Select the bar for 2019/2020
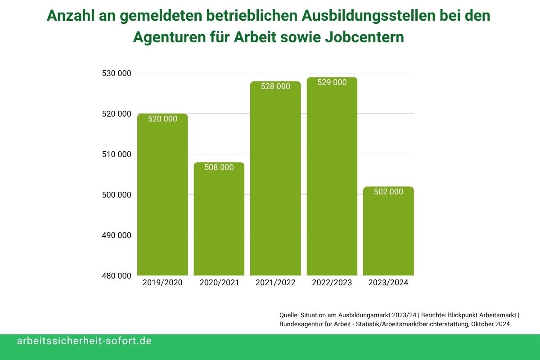[162, 198]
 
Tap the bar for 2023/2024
[388, 234]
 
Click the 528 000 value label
[275, 86]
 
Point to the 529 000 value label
[332, 82]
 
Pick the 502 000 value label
[388, 192]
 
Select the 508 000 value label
[219, 167]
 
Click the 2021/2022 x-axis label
[275, 283]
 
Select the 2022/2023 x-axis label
[332, 283]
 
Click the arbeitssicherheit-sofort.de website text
[84, 341]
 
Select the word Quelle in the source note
[289, 315]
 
